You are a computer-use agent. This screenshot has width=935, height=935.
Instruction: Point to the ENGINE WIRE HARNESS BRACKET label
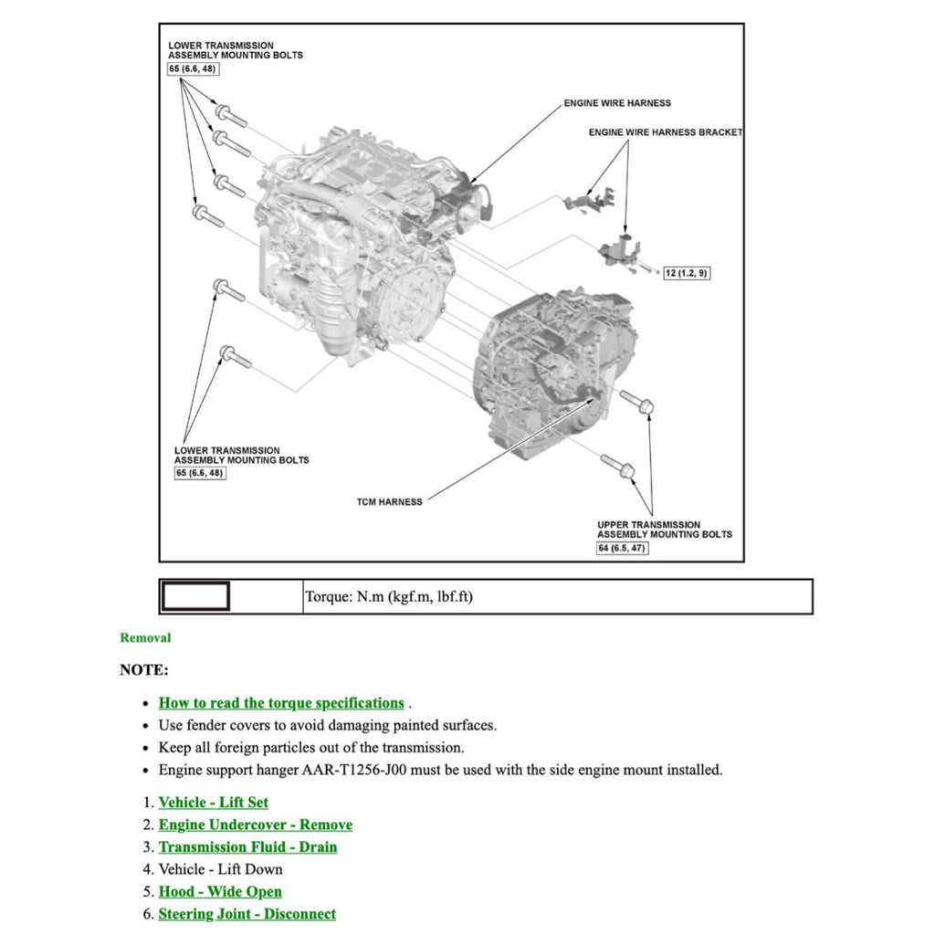click(x=665, y=132)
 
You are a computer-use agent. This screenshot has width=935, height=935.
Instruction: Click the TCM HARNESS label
click(x=389, y=501)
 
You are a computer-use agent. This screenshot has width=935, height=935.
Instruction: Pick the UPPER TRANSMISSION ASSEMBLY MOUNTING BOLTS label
click(x=664, y=530)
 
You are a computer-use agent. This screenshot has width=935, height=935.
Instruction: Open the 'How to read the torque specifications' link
click(x=281, y=703)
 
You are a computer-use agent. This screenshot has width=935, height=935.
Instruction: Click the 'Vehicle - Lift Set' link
click(x=214, y=803)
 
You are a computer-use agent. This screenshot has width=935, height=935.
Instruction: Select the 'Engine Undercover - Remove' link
click(x=256, y=825)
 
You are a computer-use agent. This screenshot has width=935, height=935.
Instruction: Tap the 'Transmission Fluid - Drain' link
click(x=248, y=847)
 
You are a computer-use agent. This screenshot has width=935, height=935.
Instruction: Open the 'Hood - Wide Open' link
click(x=220, y=892)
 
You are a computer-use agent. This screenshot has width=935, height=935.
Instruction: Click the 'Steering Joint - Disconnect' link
click(x=247, y=914)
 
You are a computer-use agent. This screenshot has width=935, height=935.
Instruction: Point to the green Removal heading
click(x=145, y=638)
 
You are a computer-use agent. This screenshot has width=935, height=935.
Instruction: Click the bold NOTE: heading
click(x=144, y=670)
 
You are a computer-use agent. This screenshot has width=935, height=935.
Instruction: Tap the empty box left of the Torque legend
click(x=195, y=597)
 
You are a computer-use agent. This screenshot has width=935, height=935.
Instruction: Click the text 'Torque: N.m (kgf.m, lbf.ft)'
click(x=389, y=597)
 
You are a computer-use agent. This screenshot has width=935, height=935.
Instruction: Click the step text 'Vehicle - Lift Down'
click(x=221, y=869)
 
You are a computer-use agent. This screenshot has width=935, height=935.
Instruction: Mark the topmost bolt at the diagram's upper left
click(x=230, y=118)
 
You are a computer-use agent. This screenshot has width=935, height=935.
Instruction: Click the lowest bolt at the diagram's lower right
click(x=618, y=465)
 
